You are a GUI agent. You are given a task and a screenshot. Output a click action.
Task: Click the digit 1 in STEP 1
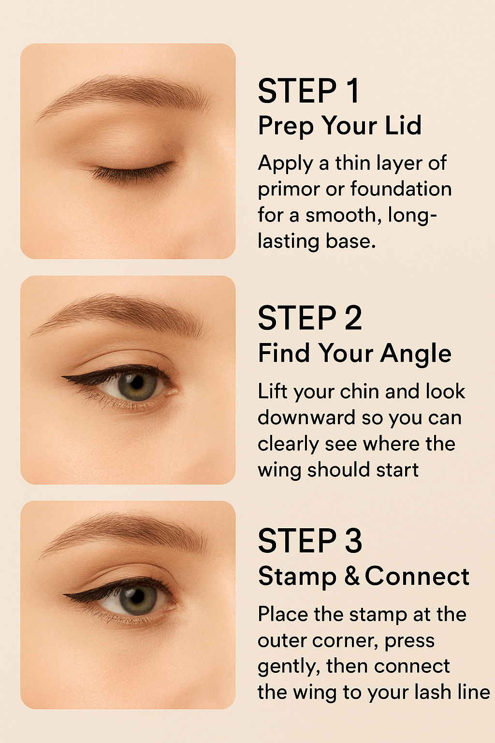tap(353, 91)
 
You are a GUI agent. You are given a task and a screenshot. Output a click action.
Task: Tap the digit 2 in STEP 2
tap(353, 318)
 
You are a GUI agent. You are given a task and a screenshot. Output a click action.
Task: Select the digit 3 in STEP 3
tap(353, 541)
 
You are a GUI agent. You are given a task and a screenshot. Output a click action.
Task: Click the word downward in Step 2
tap(306, 417)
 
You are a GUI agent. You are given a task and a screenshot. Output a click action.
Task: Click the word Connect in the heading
tap(417, 576)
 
